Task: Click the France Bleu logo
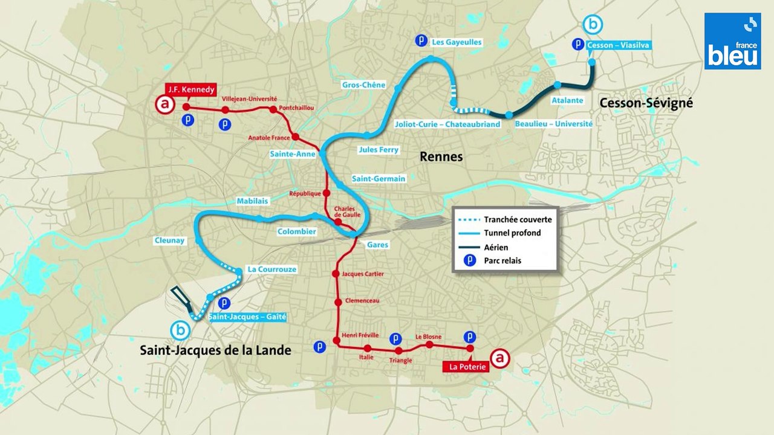tap(732, 41)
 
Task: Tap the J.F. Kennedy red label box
tap(190, 90)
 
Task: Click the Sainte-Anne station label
tap(292, 154)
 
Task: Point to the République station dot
tap(327, 193)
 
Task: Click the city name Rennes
tap(441, 157)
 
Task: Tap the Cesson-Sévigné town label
tap(646, 103)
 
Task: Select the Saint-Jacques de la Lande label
tap(215, 350)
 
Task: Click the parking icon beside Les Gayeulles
tap(421, 41)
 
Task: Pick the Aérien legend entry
tap(496, 247)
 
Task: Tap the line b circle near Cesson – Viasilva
tap(593, 25)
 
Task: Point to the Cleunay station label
tap(169, 240)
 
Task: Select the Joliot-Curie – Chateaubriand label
tap(447, 124)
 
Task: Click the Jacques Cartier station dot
tap(335, 274)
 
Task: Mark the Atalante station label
tap(568, 100)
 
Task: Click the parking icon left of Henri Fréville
tap(320, 347)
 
